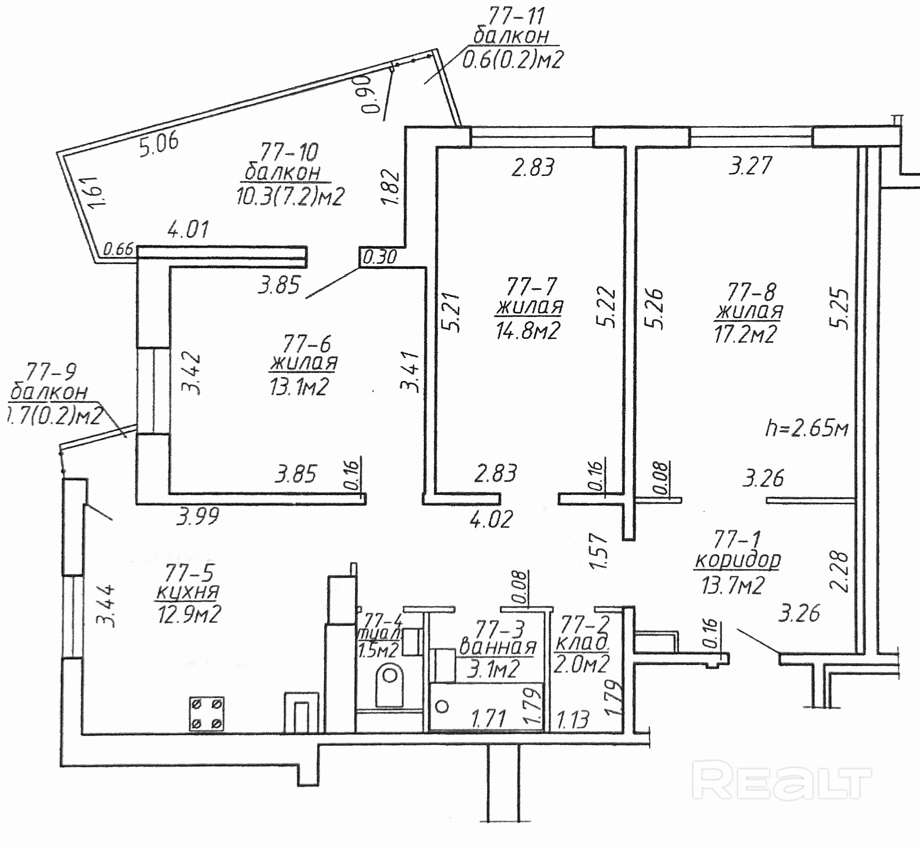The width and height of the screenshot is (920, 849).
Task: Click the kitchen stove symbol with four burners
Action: [x=207, y=714]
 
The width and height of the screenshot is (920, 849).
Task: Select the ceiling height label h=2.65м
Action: [x=806, y=429]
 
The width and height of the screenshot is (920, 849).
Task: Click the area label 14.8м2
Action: [x=528, y=330]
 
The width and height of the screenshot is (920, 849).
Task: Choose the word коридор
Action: [x=738, y=560]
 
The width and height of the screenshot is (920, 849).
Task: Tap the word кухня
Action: [x=187, y=592]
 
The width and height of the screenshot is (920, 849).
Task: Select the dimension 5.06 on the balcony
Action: [x=159, y=144]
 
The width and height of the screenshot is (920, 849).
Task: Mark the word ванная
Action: [x=498, y=647]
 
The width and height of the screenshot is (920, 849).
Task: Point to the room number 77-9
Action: [x=51, y=372]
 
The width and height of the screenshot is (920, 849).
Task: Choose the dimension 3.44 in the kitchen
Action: [x=106, y=606]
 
